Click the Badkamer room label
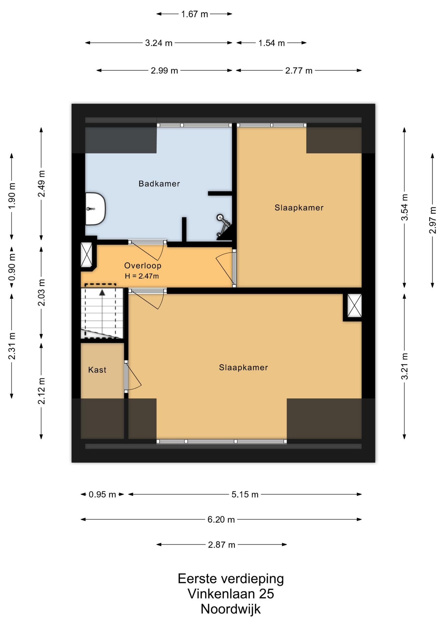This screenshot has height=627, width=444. tap(159, 184)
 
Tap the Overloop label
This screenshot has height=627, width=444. tap(143, 265)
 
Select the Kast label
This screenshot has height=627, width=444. tap(97, 370)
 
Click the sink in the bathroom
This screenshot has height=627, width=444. tap(95, 209)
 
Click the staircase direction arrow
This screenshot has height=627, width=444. tap(102, 313)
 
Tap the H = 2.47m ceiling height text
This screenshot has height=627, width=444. tap(142, 276)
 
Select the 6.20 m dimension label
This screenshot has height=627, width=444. tap(221, 519)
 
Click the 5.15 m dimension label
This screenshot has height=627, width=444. tap(245, 494)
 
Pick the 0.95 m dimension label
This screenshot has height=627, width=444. tap(102, 494)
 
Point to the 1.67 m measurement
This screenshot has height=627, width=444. tap(195, 14)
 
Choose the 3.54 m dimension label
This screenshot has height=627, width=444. tap(405, 207)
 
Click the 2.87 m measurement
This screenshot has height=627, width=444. tap(222, 545)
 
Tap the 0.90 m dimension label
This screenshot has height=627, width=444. tap(12, 267)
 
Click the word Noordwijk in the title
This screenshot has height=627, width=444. tap(231, 609)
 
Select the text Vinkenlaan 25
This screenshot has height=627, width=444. tap(231, 594)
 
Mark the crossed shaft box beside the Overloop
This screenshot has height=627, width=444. tap(87, 255)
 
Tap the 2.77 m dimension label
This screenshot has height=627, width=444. tap(299, 71)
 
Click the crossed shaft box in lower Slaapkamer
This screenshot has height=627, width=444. tap(354, 305)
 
